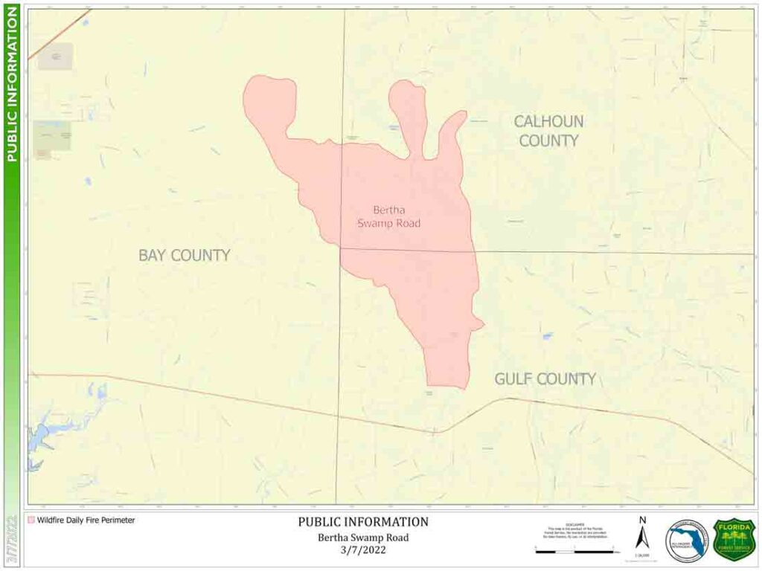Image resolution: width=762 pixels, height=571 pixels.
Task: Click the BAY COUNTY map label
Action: (184, 255)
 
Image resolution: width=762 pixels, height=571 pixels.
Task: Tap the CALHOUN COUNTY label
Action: (548, 131)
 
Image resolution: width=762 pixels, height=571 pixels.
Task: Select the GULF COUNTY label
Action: (545, 379)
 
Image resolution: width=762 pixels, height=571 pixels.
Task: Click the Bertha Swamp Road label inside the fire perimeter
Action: (388, 217)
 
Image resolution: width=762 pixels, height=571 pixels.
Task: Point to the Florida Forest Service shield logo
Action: (734, 539)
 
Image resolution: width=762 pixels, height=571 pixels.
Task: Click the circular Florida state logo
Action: (687, 541)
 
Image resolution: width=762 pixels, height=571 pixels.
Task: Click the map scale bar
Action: (574, 551)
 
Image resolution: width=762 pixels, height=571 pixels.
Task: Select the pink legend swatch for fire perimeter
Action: (31, 520)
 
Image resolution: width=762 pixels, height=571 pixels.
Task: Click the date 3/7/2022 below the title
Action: (363, 550)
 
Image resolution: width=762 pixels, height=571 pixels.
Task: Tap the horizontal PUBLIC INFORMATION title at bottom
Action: (363, 522)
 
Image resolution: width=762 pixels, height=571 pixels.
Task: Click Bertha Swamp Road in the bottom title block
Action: (363, 538)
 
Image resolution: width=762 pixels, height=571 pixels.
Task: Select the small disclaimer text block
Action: (574, 530)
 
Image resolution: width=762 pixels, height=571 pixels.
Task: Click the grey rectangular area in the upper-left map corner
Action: (56, 57)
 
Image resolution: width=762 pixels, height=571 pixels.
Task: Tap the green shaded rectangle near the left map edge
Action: (52, 136)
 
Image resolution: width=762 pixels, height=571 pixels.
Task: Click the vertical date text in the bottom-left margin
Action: (11, 539)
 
